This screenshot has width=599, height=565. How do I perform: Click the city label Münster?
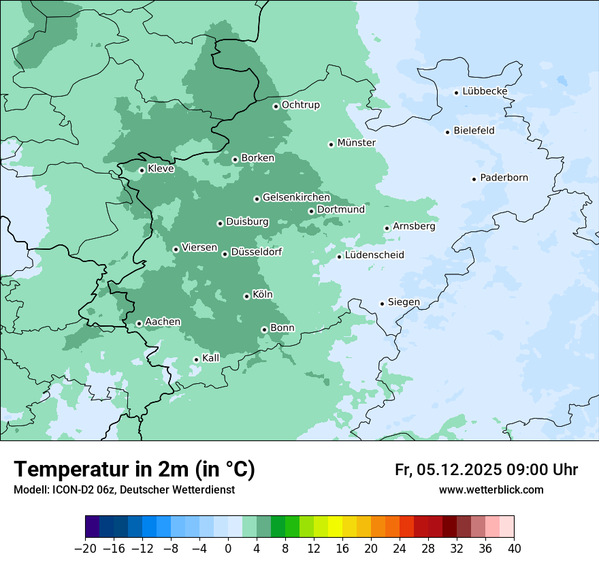tap(356, 143)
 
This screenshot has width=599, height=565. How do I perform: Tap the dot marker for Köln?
tap(246, 296)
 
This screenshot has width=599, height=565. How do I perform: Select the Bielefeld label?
tap(474, 131)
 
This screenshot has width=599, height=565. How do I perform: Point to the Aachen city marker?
tap(139, 324)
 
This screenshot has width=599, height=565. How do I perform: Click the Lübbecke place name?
tap(485, 91)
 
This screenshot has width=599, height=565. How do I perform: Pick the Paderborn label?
tap(504, 178)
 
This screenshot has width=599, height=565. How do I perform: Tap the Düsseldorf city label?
tap(256, 253)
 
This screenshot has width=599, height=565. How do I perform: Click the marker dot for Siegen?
tap(382, 304)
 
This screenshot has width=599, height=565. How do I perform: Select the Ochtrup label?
tap(300, 106)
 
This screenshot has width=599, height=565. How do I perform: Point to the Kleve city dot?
tap(142, 171)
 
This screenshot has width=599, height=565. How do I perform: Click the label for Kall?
tap(210, 358)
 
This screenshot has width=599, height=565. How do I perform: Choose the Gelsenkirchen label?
tap(296, 198)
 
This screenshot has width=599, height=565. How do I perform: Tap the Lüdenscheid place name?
tap(374, 255)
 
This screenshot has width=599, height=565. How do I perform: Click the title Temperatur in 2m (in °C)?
tap(134, 469)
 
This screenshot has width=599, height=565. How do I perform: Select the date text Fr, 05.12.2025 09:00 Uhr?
tap(486, 470)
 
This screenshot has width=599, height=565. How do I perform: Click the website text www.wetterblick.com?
tap(491, 489)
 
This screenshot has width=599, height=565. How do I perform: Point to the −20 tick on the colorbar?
tap(86, 549)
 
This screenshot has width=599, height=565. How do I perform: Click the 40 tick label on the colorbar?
tap(514, 549)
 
